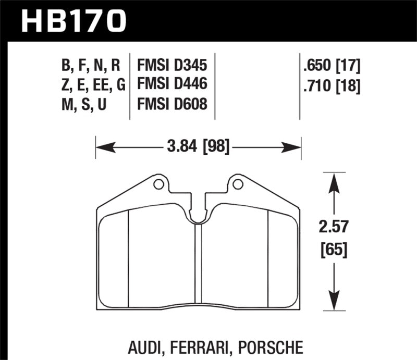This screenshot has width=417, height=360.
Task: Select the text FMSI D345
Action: pos(172,66)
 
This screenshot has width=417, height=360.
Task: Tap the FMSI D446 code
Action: pos(172,85)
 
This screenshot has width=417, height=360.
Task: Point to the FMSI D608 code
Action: pos(172,104)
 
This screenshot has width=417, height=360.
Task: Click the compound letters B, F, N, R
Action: pos(91,66)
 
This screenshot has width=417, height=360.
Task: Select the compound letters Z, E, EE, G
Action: pos(91,85)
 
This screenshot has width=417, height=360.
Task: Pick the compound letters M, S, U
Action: pos(85,104)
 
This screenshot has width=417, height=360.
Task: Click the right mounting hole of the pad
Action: pos(238,184)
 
